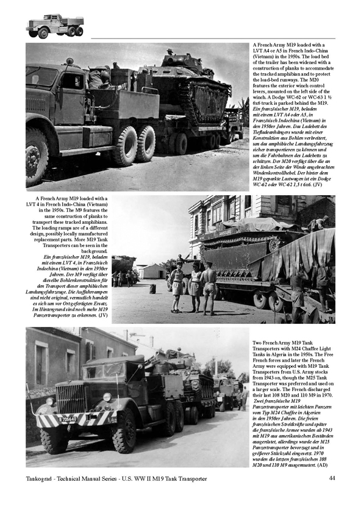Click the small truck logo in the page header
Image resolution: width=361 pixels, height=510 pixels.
(x=54, y=26)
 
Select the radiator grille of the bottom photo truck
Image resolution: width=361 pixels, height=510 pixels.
(x=71, y=397)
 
